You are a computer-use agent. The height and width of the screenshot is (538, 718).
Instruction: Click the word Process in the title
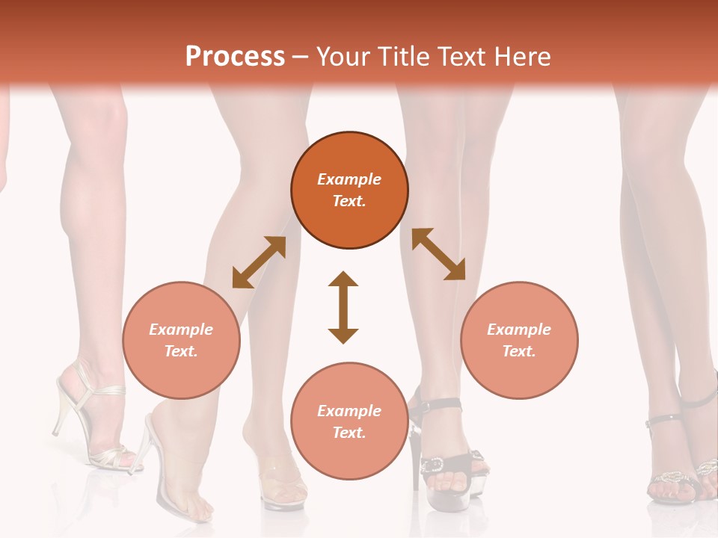pos(235,57)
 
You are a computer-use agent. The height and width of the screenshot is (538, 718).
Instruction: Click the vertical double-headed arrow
pos(343,307)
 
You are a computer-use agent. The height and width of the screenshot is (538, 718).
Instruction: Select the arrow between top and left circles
pos(259,262)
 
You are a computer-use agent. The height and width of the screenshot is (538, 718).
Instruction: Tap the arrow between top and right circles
pos(438,254)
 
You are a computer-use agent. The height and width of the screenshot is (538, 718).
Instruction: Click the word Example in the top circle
pos(349,179)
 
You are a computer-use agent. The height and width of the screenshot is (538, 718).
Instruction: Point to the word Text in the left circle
pos(181,351)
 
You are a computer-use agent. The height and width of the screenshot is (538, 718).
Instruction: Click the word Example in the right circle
pos(519,330)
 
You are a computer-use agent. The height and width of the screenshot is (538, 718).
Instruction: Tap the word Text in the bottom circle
pos(349,433)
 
